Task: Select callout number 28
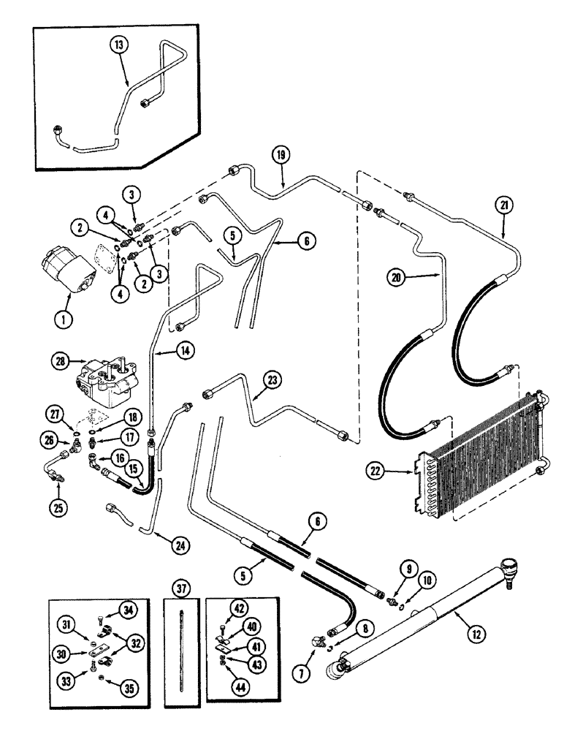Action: pos(59,360)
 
